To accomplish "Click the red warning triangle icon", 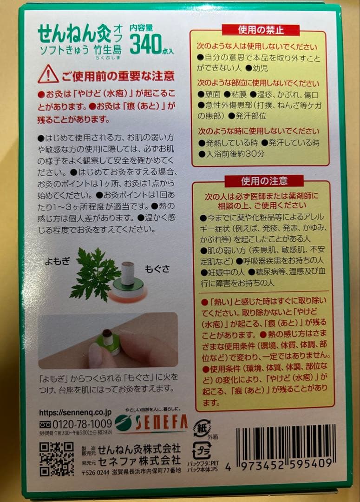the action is (x=48, y=74).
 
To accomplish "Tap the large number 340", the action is (x=145, y=44).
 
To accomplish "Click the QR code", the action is (x=57, y=458).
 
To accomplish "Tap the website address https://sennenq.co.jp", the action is (x=75, y=413).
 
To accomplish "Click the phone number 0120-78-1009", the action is (x=82, y=424).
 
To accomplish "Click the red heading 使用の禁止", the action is (x=261, y=30).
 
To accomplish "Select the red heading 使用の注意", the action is (x=264, y=181).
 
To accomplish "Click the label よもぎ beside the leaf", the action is (x=57, y=261).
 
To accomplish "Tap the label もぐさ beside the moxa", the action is (x=157, y=269).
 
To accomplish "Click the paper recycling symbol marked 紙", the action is (x=202, y=428).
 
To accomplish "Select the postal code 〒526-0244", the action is (x=96, y=472).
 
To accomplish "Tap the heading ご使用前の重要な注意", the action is (x=118, y=76).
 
